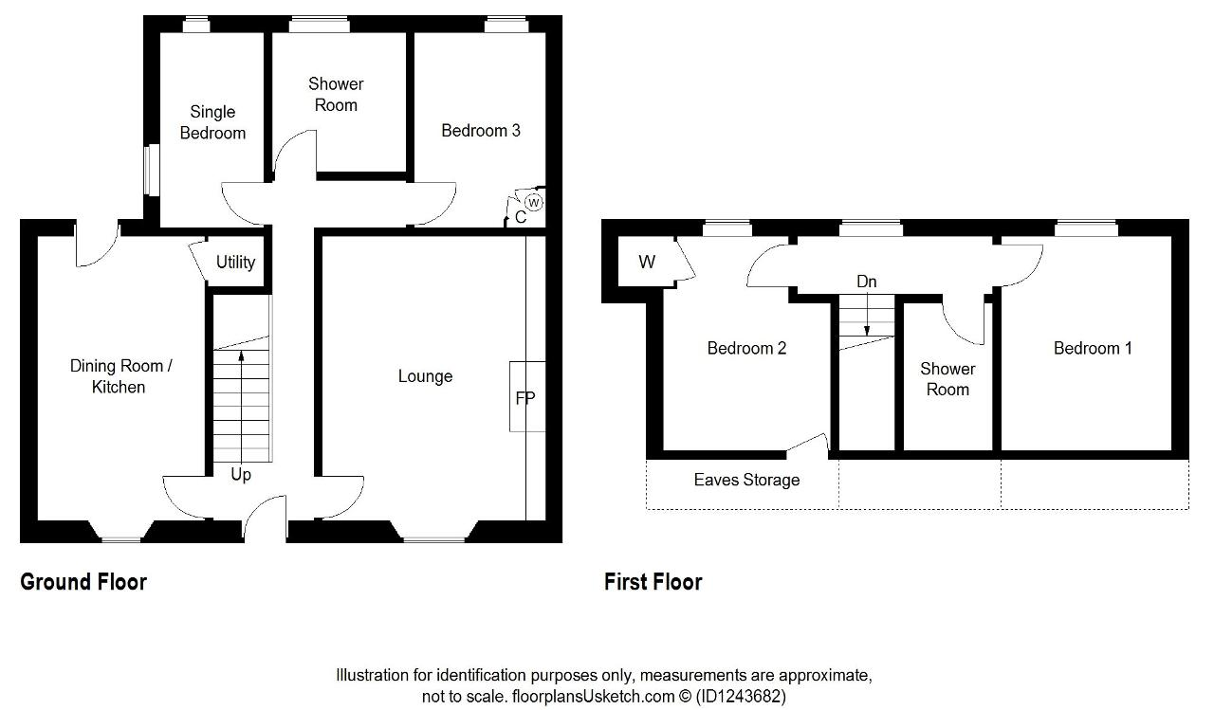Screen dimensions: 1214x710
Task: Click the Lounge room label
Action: [425, 375]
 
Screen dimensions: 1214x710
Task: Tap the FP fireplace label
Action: [525, 398]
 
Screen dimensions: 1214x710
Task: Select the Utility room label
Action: [236, 263]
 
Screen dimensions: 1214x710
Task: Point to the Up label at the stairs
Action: [241, 474]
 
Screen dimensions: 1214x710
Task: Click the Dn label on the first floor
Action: [867, 282]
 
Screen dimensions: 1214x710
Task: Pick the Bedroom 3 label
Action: [481, 131]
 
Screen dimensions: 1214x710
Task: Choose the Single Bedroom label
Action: [212, 122]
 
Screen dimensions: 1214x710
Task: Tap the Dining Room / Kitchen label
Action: [120, 376]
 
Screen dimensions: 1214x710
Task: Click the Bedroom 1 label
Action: [1093, 348]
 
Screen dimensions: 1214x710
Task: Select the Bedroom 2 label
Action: [746, 348]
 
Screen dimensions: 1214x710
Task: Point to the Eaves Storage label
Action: [746, 480]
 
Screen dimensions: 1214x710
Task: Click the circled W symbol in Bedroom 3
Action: [534, 203]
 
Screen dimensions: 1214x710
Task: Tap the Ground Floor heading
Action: [83, 582]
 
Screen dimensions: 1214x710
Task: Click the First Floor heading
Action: [653, 582]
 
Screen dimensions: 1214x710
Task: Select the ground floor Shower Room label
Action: [336, 94]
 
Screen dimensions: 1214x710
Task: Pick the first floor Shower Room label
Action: [947, 379]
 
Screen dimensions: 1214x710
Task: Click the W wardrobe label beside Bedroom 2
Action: [647, 263]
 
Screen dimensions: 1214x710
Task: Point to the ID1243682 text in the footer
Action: [741, 696]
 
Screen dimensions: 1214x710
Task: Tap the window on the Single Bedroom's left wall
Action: [152, 170]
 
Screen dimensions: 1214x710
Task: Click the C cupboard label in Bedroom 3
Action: [521, 217]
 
